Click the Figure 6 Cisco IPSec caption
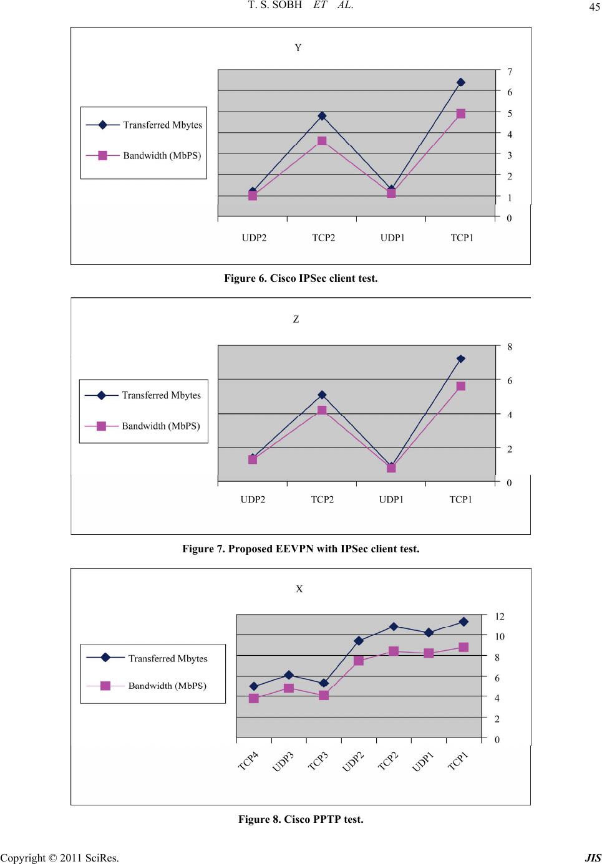pos(301,278)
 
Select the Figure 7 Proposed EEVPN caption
pos(301,549)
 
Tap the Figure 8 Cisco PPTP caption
pos(301,818)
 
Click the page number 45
pos(591,7)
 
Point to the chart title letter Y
pos(298,48)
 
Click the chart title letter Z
pos(296,319)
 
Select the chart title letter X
pos(299,589)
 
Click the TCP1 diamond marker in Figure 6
pos(460,82)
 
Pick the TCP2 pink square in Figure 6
pos(322,141)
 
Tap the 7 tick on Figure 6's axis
pos(510,72)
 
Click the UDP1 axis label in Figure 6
pos(392,238)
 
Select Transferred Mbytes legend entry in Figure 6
pos(162,125)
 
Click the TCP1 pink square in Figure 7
pos(460,386)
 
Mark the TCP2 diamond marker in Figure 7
pos(322,395)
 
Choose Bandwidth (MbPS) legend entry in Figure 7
pos(161,426)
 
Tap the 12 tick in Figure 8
pos(500,616)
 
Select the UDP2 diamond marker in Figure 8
pos(359,641)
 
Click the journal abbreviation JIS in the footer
pos(593,858)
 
